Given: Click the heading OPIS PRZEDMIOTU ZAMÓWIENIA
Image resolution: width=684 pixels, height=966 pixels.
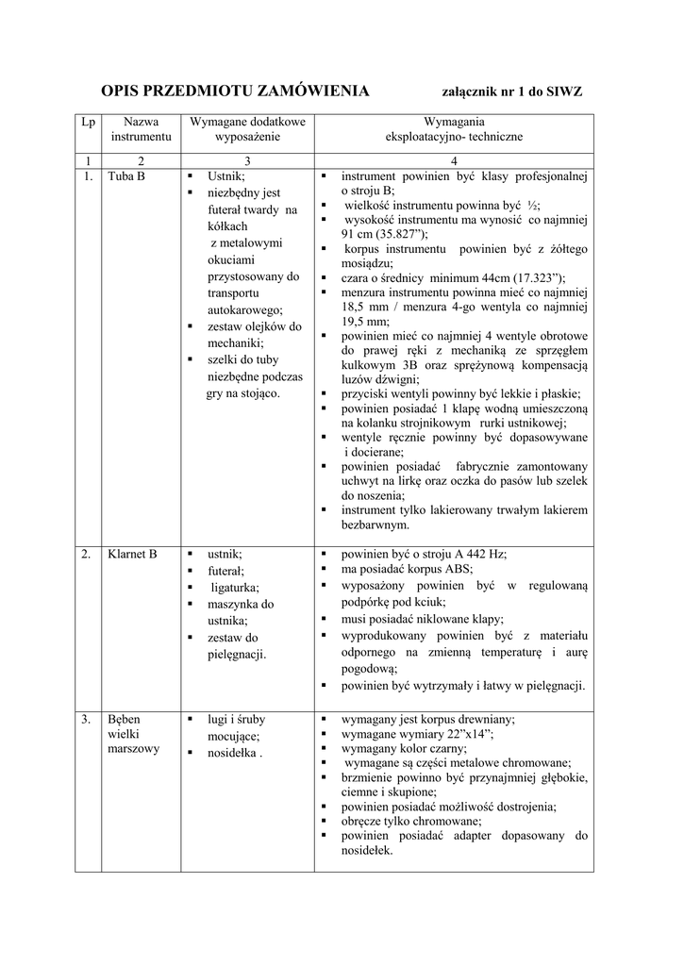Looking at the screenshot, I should (235, 92).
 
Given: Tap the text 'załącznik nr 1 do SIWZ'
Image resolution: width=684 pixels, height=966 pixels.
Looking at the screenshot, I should (512, 92).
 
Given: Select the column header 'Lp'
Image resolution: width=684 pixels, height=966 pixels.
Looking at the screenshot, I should (88, 122).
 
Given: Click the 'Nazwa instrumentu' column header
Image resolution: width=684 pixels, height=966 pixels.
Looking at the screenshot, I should (141, 129).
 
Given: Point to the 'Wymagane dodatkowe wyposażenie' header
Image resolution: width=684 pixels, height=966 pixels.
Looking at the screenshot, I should (247, 129).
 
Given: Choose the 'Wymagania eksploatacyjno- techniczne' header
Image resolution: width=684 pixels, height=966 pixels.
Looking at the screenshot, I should (454, 129).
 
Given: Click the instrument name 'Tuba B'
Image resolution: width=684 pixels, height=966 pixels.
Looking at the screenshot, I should (126, 176).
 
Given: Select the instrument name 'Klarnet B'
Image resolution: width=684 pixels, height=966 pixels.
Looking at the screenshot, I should (133, 554).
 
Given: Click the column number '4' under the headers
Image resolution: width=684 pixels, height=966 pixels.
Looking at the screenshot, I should (454, 159).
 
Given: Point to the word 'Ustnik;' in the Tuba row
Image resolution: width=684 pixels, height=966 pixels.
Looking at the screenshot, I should (226, 176).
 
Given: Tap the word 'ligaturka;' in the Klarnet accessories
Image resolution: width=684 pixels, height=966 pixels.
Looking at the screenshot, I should (240, 588).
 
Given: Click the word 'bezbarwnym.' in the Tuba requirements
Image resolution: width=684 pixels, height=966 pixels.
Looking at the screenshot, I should (375, 524).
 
